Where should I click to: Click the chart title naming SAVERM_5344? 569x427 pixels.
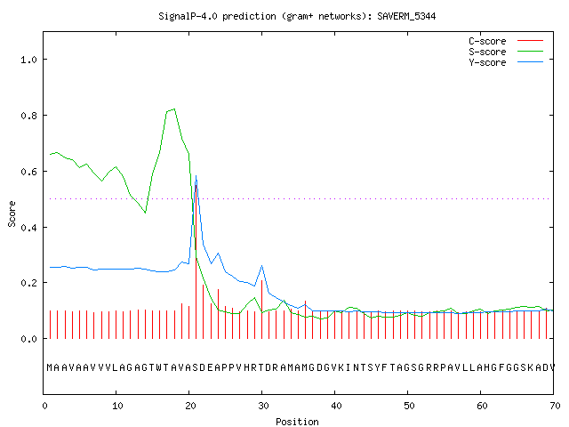tap(297, 16)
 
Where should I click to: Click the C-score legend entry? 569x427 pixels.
tap(506, 41)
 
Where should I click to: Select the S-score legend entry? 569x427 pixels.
tap(506, 52)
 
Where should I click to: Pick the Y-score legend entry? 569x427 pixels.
tap(506, 62)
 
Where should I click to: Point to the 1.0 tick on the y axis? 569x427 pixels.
tap(28, 60)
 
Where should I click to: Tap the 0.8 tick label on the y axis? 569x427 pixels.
tap(28, 116)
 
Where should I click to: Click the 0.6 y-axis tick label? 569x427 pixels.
tap(28, 172)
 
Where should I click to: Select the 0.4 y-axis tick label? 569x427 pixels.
tap(28, 228)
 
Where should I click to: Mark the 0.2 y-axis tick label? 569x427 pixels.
tap(28, 283)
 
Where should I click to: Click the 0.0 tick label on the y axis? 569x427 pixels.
tap(28, 339)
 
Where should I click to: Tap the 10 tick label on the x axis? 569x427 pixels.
tap(116, 406)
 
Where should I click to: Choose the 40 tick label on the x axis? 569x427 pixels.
tap(336, 406)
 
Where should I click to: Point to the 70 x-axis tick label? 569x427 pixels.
tap(555, 406)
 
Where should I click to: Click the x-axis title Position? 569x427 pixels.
tap(297, 422)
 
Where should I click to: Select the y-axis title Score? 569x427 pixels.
tap(12, 213)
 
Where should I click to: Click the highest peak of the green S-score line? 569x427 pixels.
tap(174, 109)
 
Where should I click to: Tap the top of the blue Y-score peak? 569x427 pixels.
tap(196, 176)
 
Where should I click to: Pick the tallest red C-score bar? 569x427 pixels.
tap(196, 262)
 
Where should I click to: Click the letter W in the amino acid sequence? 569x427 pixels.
tap(158, 367)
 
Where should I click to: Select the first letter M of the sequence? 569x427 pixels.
tap(50, 367)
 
